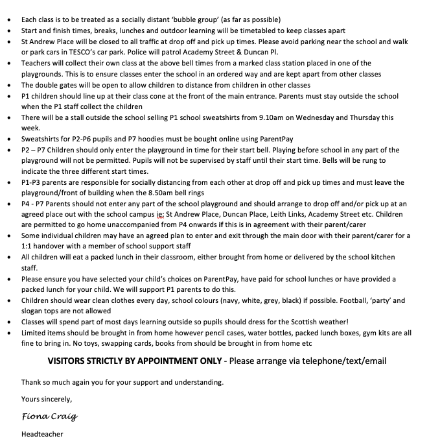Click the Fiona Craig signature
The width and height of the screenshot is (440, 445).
[x=45, y=416]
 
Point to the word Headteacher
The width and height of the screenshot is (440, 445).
[x=42, y=434]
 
